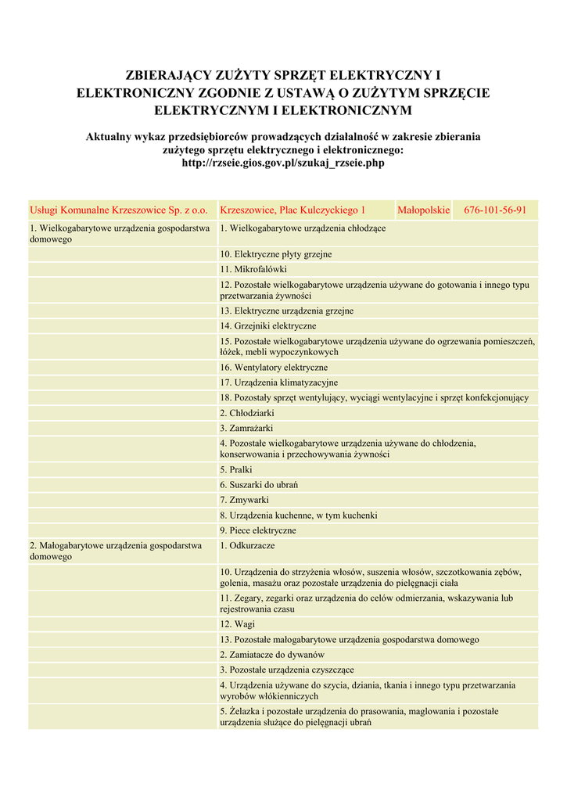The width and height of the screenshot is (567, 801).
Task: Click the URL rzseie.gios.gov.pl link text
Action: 282,163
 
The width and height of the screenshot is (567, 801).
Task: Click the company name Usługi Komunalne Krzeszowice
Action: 118,210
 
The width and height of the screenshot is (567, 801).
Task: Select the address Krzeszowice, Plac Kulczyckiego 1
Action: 292,210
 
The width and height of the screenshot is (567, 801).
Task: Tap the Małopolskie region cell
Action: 423,210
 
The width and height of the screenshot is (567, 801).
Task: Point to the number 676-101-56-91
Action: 495,210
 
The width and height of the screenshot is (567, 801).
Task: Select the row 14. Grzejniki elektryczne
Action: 268,325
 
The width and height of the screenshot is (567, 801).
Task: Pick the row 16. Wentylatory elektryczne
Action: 274,368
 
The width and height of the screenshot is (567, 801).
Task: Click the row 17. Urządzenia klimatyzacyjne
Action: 279,383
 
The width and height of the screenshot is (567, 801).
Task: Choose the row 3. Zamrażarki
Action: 246,428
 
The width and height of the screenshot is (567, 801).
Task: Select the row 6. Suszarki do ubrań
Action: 259,485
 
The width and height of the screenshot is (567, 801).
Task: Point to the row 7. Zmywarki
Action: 244,500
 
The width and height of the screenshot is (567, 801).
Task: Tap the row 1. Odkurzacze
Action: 247,545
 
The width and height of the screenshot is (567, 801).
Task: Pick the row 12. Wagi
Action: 237,624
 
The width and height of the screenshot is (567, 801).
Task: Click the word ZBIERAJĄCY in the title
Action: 168,76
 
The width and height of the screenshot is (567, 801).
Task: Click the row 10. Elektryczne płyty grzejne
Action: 276,254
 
